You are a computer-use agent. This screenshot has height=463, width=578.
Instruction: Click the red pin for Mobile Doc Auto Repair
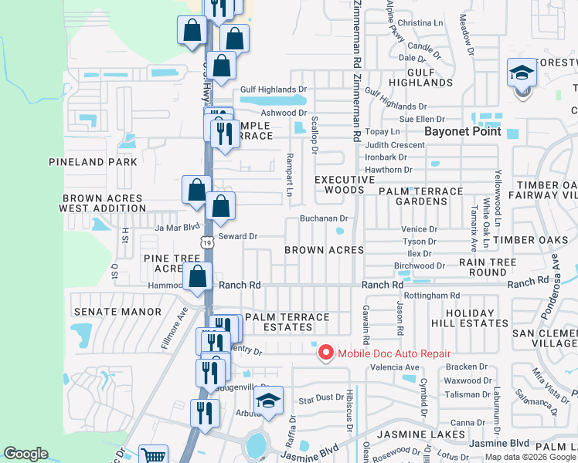pos(325,353)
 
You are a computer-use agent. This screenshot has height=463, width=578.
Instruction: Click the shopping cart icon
pos(154,455)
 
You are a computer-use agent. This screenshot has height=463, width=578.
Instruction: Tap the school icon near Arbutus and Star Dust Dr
pos(269,401)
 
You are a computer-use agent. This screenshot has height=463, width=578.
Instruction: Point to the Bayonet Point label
pos(463,131)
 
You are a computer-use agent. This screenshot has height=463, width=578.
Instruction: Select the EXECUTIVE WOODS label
pos(338,184)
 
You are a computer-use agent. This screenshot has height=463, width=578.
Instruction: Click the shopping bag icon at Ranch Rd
pos(198,277)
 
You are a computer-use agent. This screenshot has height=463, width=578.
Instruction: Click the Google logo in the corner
pos(25,455)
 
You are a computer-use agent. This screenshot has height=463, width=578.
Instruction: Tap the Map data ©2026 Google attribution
pos(530,457)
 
